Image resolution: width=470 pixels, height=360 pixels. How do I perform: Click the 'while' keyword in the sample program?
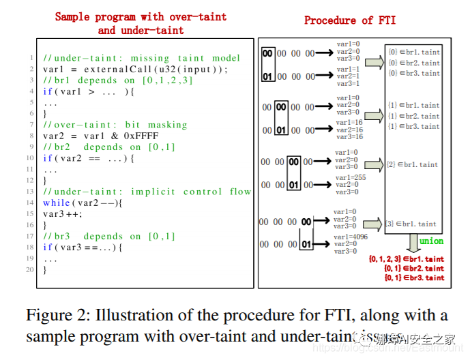(x=57, y=202)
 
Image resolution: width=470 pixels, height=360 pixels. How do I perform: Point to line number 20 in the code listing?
(x=30, y=270)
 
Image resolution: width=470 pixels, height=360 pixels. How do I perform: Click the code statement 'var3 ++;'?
(x=64, y=213)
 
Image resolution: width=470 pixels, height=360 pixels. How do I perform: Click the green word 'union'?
(x=431, y=241)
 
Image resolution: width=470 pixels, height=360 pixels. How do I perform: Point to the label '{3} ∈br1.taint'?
(x=411, y=224)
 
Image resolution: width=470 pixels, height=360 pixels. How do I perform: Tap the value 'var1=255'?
(x=351, y=177)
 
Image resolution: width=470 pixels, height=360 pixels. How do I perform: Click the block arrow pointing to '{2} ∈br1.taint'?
(x=372, y=165)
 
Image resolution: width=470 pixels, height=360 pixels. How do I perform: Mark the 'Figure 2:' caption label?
(x=57, y=316)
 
